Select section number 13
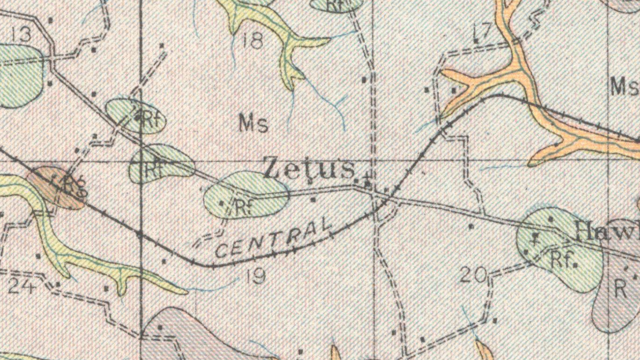pyautogui.click(x=22, y=34)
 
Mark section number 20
pyautogui.click(x=473, y=275)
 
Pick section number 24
pyautogui.click(x=22, y=285)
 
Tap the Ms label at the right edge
pyautogui.click(x=625, y=87)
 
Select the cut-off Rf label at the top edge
pyautogui.click(x=335, y=5)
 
